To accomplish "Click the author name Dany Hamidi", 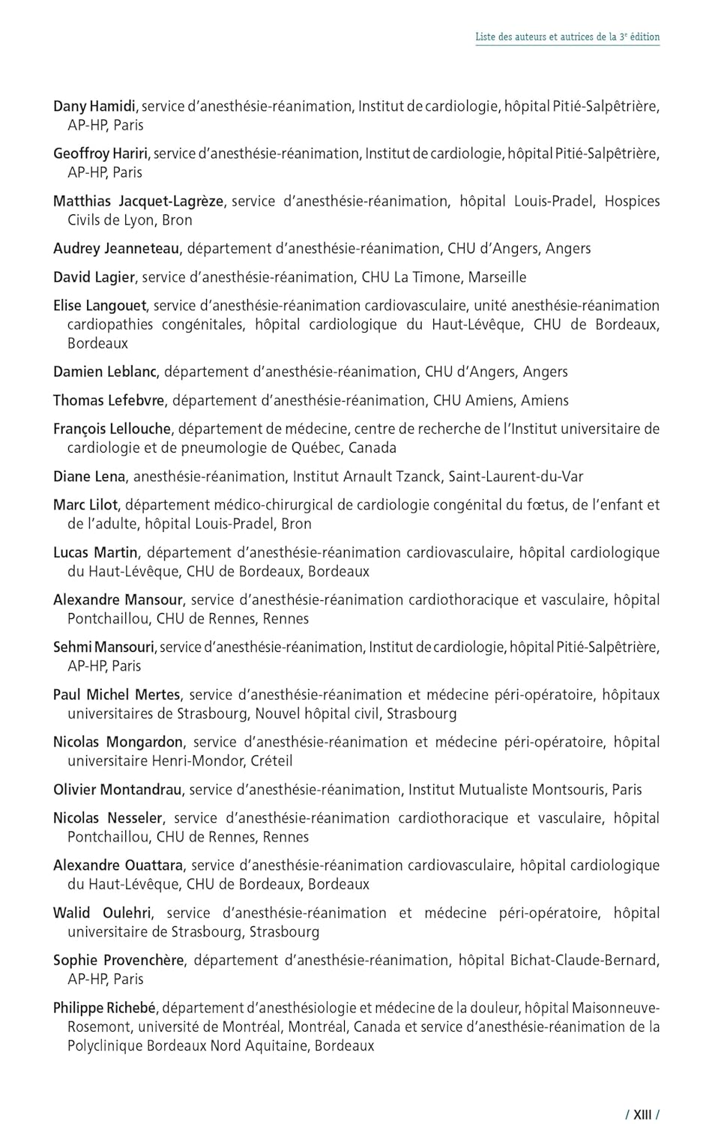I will (94, 106).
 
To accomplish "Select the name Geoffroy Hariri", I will (101, 154).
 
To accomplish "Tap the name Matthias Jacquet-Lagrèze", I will (138, 201).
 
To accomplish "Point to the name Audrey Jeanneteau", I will (116, 249).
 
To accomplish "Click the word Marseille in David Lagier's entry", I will (497, 277).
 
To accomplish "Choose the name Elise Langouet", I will (100, 306).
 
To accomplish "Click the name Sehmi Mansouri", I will (103, 647).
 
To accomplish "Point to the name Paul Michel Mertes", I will (116, 695).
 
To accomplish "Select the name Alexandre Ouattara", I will (118, 865).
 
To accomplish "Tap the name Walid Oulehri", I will (102, 913).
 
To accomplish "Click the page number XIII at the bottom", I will (642, 1114).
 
